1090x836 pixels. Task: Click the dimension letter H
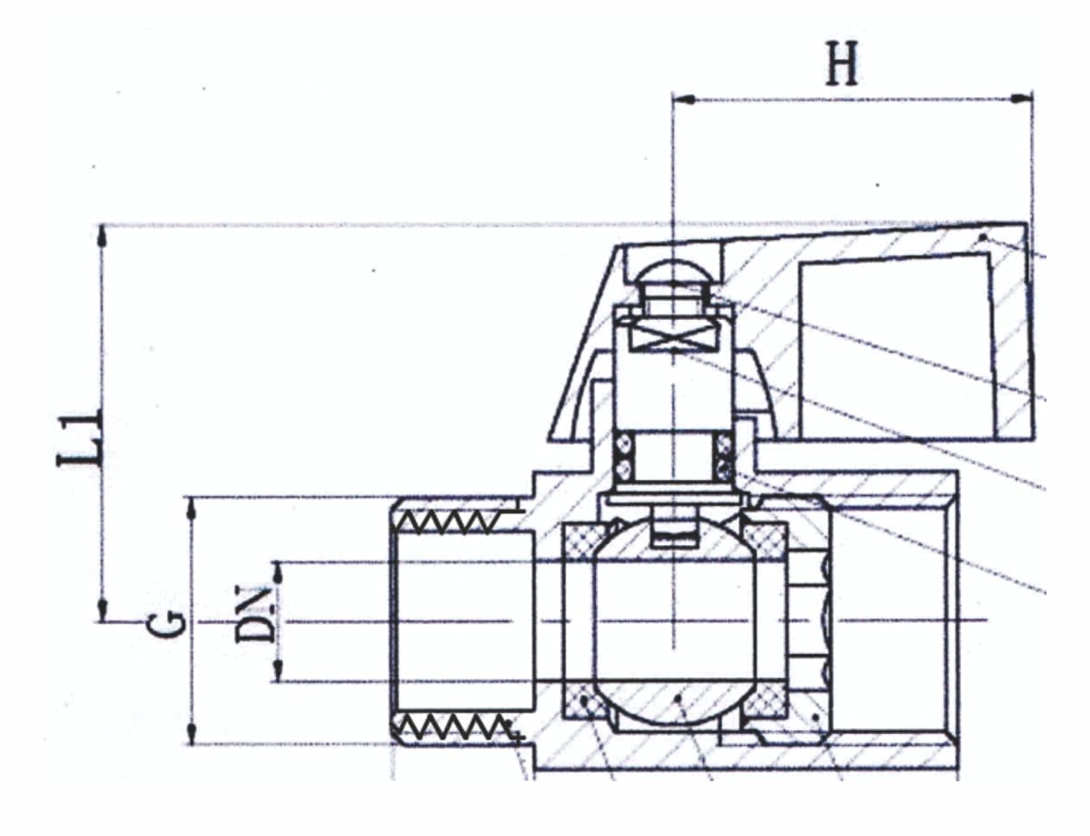point(841,64)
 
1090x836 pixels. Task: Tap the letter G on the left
point(169,624)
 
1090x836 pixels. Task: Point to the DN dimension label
point(255,614)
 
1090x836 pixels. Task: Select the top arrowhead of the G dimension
point(191,507)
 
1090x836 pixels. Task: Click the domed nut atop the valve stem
point(673,271)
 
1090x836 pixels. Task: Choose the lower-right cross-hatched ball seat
point(765,700)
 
